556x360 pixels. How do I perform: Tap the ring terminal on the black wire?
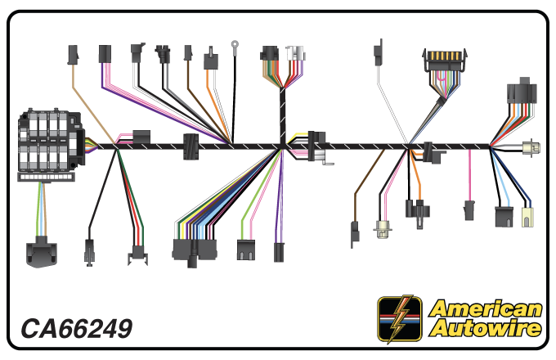tap(235, 46)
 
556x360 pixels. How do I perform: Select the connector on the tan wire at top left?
tap(72, 55)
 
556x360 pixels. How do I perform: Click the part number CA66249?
tap(76, 328)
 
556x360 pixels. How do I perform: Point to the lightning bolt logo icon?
tap(400, 318)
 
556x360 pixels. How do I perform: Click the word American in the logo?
tap(486, 308)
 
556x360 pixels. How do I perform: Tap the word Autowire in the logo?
tap(486, 328)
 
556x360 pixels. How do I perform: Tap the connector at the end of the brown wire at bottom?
tap(355, 232)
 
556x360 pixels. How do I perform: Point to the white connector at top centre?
tap(295, 53)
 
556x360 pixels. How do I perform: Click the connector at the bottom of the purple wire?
tap(279, 251)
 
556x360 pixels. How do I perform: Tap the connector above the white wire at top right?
tap(378, 54)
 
